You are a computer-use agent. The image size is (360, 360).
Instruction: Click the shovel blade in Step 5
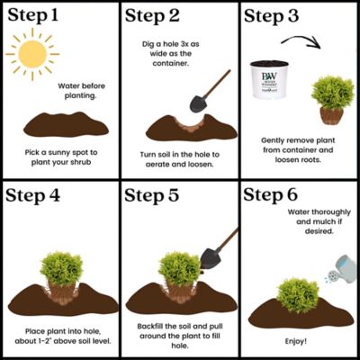pos(209,259)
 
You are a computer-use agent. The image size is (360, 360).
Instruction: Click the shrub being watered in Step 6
pos(298,292)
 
